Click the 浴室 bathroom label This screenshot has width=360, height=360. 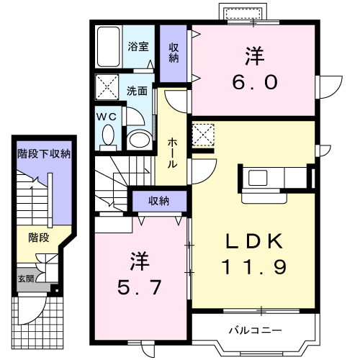point(138,47)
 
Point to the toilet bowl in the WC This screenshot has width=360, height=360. point(109,135)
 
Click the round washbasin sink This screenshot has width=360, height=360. point(139,138)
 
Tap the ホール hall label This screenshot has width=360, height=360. point(173,153)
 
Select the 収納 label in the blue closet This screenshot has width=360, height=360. point(174,52)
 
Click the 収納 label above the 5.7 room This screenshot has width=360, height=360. point(160,200)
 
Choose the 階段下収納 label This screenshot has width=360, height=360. point(44,153)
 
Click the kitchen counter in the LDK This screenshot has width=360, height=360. point(276,177)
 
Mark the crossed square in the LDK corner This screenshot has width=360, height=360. point(204,135)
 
